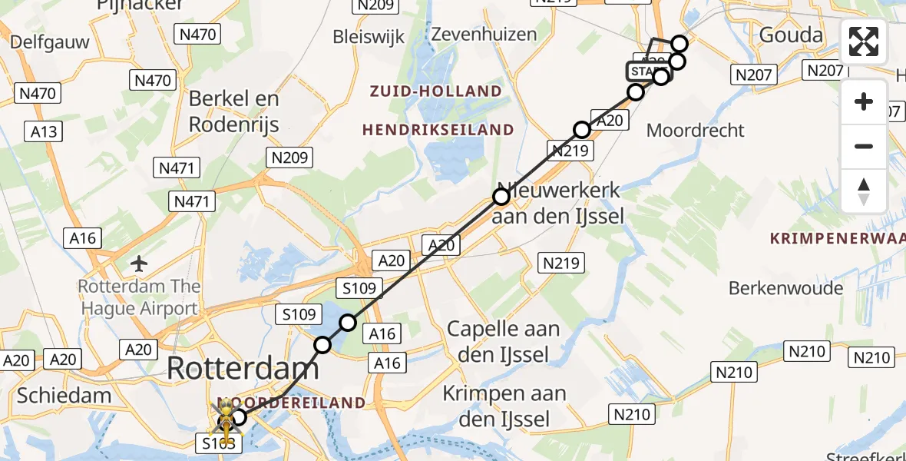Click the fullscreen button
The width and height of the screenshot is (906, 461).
[864, 41]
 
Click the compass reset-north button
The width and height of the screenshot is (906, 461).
[864, 191]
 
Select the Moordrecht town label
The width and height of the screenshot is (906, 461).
[696, 130]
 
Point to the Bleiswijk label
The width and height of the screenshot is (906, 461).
[369, 37]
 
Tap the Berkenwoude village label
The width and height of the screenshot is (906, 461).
[785, 289]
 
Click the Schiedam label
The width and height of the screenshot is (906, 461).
[64, 396]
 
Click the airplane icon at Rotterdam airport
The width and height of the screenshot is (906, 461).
[139, 264]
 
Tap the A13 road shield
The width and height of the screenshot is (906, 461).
[44, 131]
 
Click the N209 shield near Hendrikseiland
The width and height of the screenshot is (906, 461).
[289, 158]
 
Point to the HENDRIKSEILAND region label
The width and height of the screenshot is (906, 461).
[438, 130]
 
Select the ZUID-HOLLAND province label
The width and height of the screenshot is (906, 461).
[435, 91]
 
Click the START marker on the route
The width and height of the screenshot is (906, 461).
[646, 71]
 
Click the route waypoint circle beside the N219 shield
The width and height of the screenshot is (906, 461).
[582, 130]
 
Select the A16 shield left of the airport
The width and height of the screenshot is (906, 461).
[82, 238]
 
